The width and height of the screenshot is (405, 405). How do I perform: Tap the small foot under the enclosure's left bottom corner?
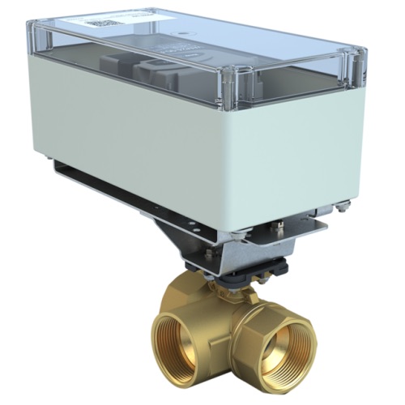pyautogui.click(x=51, y=156)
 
